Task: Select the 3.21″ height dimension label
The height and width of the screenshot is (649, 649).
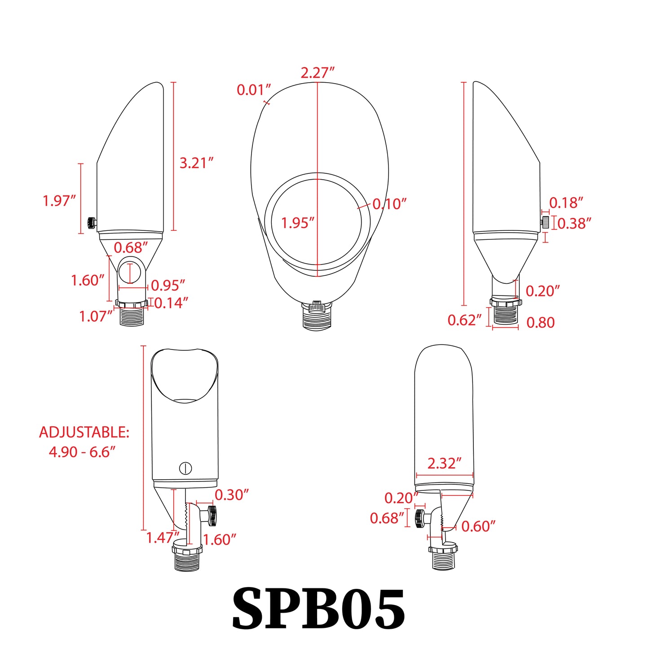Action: [x=196, y=163]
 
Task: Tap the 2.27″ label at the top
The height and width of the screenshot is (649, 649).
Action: [x=318, y=73]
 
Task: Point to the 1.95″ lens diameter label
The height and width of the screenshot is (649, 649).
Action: [x=297, y=223]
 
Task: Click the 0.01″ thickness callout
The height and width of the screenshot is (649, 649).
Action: [x=254, y=90]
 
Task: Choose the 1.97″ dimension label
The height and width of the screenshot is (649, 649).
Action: [x=59, y=201]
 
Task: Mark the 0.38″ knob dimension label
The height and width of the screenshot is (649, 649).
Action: [x=574, y=223]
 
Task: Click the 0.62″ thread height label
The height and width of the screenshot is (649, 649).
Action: [x=464, y=320]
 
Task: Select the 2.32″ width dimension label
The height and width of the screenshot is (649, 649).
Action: [x=444, y=464]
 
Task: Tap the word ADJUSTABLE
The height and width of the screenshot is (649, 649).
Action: [x=84, y=432]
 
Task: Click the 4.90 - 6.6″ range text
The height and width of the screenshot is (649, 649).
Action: [x=82, y=452]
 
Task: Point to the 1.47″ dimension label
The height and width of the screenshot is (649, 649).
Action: [x=163, y=538]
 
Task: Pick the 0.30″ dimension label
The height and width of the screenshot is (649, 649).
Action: [x=231, y=495]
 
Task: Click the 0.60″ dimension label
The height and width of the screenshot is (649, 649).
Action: [x=478, y=526]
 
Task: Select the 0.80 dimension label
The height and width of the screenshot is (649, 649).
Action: [x=540, y=322]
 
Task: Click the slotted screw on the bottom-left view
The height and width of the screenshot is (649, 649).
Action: [x=185, y=468]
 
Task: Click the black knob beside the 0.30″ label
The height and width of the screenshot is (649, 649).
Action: [x=212, y=516]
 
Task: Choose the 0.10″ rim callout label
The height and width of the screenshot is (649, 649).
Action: [x=389, y=204]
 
